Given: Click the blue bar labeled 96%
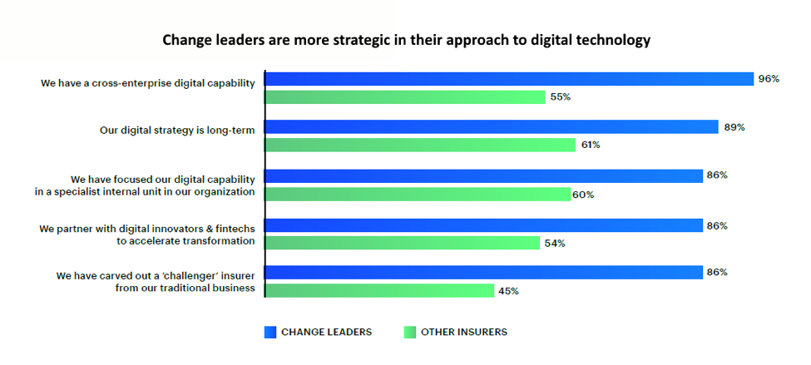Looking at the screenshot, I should [x=507, y=79].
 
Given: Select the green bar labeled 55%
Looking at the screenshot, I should [x=404, y=97].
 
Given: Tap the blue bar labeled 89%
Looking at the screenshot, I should [x=491, y=126].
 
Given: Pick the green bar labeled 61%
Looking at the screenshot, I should [x=420, y=145].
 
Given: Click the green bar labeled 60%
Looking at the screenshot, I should [x=418, y=195].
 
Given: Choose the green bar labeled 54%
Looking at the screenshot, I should [x=403, y=243].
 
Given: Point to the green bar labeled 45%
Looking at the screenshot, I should [x=379, y=290].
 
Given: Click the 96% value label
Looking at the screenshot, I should [x=768, y=79].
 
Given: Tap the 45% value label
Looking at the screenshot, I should [x=508, y=291].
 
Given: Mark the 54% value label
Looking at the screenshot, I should [x=555, y=243].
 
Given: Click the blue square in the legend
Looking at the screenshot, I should [x=270, y=332].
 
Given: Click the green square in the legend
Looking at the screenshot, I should [x=409, y=332].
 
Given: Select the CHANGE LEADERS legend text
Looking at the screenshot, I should [x=326, y=332].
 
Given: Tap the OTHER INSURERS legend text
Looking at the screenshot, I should [x=463, y=332].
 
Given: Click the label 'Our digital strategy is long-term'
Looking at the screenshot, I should [x=176, y=130].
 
